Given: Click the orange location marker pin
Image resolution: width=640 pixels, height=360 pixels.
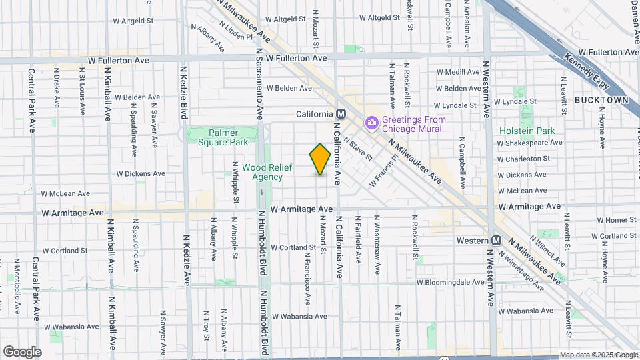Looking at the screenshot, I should (x=320, y=160).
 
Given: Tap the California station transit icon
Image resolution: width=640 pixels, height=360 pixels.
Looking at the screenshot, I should (x=340, y=114).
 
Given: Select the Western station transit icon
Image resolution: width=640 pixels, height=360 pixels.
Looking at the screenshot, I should (x=496, y=240).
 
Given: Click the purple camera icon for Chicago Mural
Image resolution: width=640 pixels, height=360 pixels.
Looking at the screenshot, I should (x=371, y=123).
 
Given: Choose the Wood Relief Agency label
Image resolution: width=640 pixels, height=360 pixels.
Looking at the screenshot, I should (x=262, y=172).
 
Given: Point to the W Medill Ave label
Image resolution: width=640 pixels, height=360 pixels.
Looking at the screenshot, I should (x=458, y=71).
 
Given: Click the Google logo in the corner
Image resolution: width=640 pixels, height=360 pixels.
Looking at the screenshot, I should (x=22, y=351).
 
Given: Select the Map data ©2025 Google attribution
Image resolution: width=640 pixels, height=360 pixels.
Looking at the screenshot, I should (x=599, y=355).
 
